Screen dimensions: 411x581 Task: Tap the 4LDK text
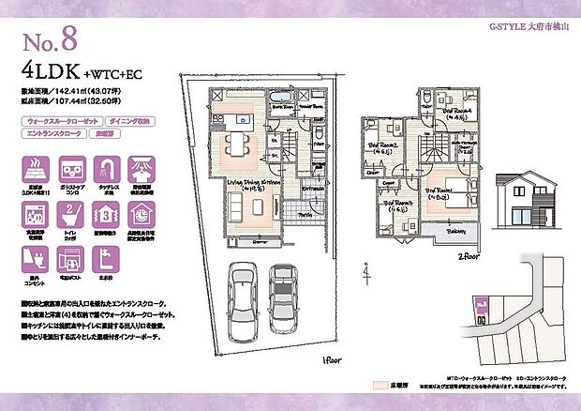coord(44,69)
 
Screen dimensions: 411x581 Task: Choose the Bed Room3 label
coord(397,205)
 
